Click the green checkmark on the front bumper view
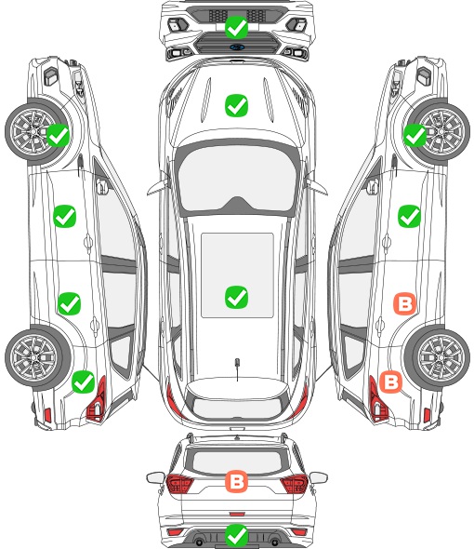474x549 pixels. coord(236,27)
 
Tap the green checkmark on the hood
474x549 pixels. coord(236,105)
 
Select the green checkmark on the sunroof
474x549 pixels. coord(236,297)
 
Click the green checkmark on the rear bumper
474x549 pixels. coord(236,535)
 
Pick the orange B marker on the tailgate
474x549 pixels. coord(236,481)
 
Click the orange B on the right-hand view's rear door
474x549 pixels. coord(404,303)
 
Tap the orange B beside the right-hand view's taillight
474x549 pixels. coord(390,382)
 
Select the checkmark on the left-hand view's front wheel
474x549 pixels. coord(58,136)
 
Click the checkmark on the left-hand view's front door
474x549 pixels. coord(65,217)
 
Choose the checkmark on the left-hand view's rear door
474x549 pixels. coord(70,303)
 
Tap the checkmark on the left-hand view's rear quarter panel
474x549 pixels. coord(84,382)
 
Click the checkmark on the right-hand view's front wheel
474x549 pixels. coord(415,136)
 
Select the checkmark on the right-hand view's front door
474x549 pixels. coord(409,217)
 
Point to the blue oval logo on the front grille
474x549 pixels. coord(237,47)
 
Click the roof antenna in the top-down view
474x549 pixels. coord(237,368)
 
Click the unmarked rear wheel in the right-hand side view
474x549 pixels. coord(438,357)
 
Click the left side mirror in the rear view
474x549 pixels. coord(155,478)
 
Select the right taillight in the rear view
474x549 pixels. coord(295,484)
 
